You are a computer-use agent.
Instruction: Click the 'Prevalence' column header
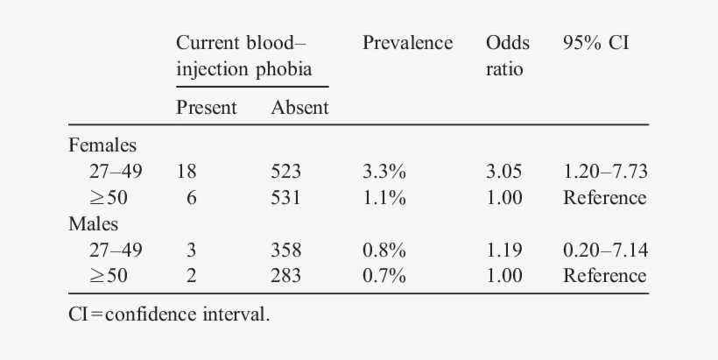[407, 43]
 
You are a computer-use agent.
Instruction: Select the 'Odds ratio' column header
[504, 55]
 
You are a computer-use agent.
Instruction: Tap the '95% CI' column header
[595, 43]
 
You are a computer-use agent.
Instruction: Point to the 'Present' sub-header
[207, 108]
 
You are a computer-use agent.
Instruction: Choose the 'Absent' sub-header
[299, 108]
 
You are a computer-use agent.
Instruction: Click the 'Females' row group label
[102, 145]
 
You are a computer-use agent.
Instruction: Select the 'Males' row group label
[93, 223]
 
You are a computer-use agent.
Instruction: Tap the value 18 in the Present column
[187, 172]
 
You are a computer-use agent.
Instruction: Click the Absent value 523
[285, 172]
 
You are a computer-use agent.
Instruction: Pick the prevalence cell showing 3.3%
[384, 172]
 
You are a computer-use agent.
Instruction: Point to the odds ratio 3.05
[504, 172]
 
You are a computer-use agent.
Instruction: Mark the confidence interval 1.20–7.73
[605, 172]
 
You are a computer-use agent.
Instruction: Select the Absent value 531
[285, 198]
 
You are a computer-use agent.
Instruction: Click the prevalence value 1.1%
[384, 198]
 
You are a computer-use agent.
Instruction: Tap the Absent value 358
[285, 250]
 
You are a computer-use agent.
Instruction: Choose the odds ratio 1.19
[504, 250]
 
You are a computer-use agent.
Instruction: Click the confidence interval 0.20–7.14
[605, 250]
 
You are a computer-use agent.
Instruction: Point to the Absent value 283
[285, 276]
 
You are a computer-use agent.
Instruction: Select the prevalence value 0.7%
[384, 276]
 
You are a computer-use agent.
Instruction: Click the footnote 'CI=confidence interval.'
[169, 314]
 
